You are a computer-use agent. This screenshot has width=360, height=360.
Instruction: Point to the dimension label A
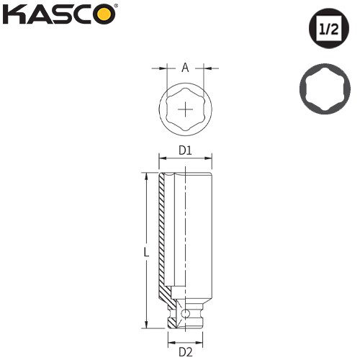[x=185, y=68]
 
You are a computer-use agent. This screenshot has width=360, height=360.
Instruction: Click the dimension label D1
[x=185, y=150]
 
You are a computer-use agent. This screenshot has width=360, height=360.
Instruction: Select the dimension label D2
[x=185, y=352]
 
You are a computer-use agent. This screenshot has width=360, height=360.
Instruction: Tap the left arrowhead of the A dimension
[x=164, y=68]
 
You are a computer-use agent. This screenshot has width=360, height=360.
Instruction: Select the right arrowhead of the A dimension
[x=205, y=68]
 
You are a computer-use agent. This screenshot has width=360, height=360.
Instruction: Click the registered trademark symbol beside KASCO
[x=117, y=7]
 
